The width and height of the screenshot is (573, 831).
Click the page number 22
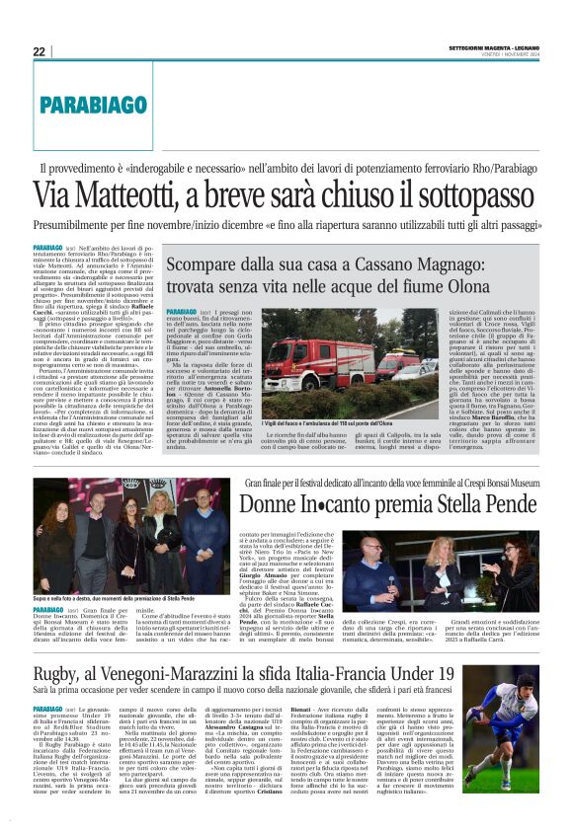[x=39, y=51]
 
